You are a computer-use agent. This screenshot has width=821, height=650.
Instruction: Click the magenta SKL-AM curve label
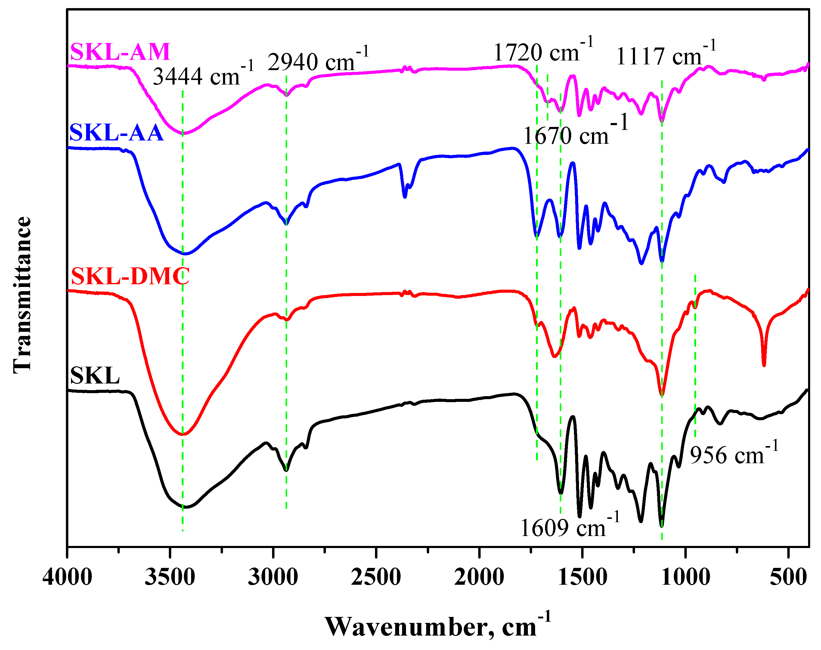(120, 52)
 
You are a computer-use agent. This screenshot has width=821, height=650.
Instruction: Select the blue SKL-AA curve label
(116, 133)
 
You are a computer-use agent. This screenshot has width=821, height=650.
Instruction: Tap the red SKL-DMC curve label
(130, 276)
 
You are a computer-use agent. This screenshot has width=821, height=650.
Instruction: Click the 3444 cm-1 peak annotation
(203, 74)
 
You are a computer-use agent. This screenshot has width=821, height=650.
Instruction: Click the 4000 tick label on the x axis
(67, 577)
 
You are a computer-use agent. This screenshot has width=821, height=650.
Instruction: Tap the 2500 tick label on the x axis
(376, 577)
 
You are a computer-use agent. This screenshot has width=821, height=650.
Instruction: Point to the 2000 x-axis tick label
(479, 577)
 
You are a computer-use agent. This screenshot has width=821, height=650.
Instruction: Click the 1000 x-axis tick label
(686, 577)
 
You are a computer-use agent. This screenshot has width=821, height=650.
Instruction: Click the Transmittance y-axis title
(22, 295)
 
